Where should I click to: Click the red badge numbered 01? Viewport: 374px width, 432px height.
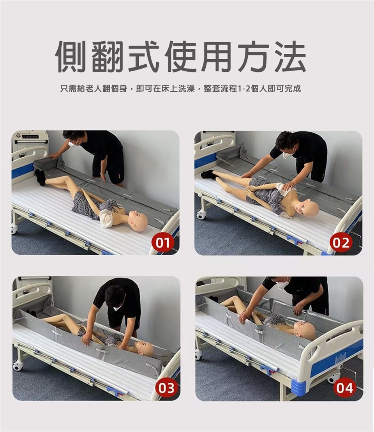pyautogui.click(x=162, y=243)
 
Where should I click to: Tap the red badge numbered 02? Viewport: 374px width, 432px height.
pyautogui.click(x=341, y=243)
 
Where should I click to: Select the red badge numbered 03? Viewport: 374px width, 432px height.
pyautogui.click(x=166, y=388)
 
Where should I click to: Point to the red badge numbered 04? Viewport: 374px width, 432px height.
pyautogui.click(x=344, y=388)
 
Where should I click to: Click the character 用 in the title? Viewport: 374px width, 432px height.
pyautogui.click(x=217, y=57)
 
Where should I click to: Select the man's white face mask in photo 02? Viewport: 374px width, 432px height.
pyautogui.click(x=288, y=151)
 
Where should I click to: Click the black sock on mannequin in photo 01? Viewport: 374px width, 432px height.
pyautogui.click(x=41, y=177)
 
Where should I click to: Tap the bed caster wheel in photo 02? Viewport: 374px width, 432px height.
pyautogui.click(x=201, y=214)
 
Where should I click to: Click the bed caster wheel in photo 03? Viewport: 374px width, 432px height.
pyautogui.click(x=18, y=365)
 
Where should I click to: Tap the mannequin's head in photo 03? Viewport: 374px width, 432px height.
pyautogui.click(x=145, y=348)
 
